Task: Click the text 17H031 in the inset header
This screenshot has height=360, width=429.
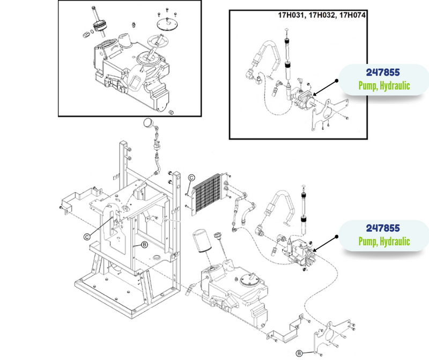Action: click(291, 16)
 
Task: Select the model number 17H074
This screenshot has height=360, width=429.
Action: click(352, 15)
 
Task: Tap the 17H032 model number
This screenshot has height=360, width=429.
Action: click(321, 16)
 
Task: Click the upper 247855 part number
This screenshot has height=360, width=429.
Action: click(383, 72)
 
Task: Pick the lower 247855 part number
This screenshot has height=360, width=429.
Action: click(383, 228)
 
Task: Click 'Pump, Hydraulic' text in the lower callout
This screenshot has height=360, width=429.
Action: click(384, 241)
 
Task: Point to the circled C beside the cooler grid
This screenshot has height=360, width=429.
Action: click(191, 178)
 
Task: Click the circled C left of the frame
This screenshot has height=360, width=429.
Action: click(87, 237)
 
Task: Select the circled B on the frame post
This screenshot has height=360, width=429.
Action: click(144, 245)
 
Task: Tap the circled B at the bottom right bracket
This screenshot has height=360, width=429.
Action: click(299, 354)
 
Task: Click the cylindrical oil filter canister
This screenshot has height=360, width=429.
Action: click(202, 240)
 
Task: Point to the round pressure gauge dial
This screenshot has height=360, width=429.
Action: click(149, 122)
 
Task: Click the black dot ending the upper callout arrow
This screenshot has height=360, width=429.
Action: click(337, 81)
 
